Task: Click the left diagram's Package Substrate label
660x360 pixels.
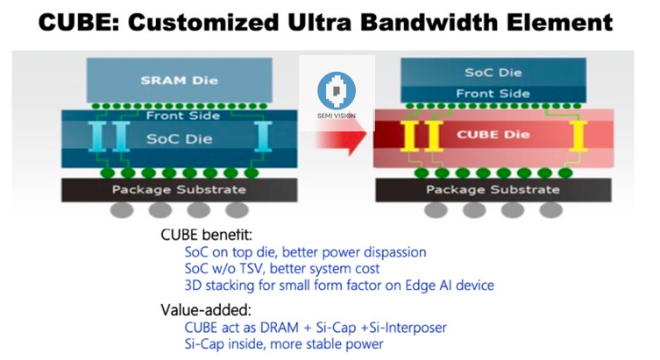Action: tap(179, 189)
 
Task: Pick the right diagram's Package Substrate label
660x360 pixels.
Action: tap(493, 189)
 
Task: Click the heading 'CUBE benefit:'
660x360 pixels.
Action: tap(203, 235)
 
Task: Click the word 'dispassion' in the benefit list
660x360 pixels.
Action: tap(392, 252)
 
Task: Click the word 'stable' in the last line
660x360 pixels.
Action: tap(330, 343)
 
